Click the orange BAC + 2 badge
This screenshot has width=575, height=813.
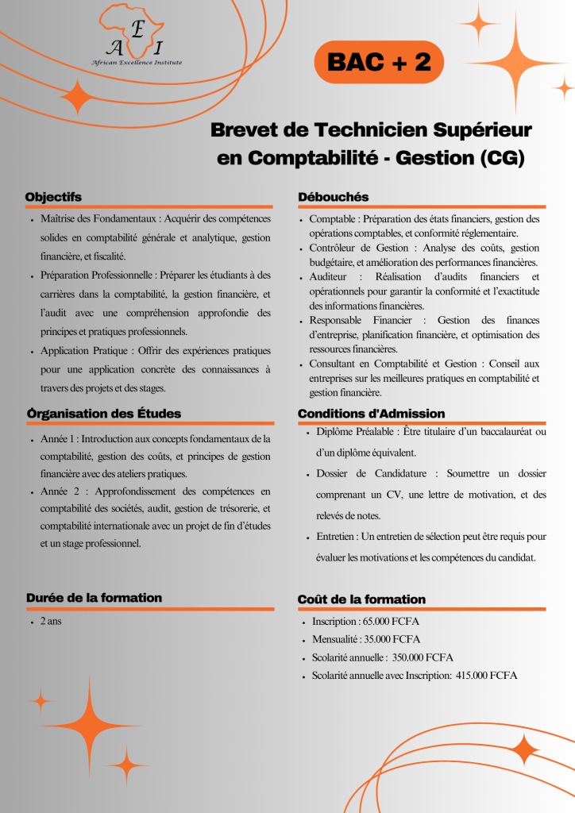pyautogui.click(x=379, y=64)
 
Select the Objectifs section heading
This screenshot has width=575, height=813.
pyautogui.click(x=53, y=197)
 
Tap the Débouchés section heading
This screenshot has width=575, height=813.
pyautogui.click(x=333, y=197)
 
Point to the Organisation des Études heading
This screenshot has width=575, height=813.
pyautogui.click(x=103, y=414)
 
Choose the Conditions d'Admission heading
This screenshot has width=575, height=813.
pyautogui.click(x=371, y=414)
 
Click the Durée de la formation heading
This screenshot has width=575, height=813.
pyautogui.click(x=94, y=598)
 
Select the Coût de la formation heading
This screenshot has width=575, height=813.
pyautogui.click(x=361, y=599)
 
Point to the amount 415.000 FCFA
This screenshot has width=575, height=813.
pyautogui.click(x=487, y=676)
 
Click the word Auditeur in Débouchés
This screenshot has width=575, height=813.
pyautogui.click(x=330, y=277)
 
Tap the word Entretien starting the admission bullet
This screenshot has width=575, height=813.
pyautogui.click(x=337, y=537)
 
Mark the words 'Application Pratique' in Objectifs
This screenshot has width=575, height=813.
pyautogui.click(x=84, y=350)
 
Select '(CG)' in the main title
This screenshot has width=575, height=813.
pyautogui.click(x=502, y=158)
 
